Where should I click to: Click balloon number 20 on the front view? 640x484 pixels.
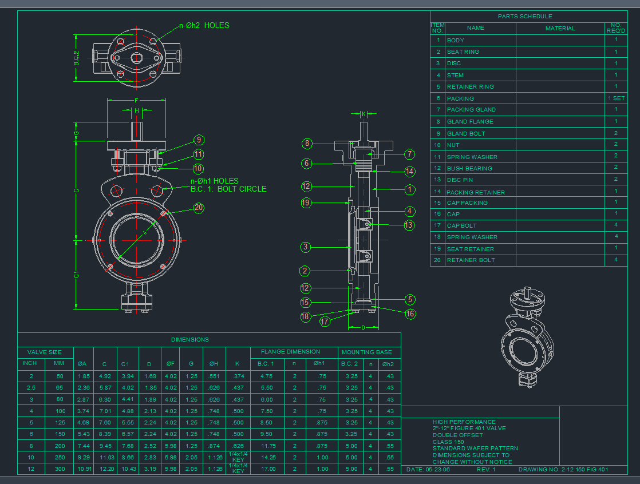[x=199, y=208]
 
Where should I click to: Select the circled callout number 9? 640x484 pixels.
[x=199, y=140]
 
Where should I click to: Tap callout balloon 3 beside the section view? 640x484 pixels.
[x=306, y=247]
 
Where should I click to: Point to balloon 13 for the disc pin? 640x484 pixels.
[x=409, y=225]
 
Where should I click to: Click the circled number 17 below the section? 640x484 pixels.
[x=325, y=322]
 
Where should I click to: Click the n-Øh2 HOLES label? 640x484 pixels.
[x=204, y=25]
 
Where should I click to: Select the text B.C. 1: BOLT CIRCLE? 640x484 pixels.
[x=228, y=189]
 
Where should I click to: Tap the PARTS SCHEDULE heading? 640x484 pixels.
[x=525, y=17]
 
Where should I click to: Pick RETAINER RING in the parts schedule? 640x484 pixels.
[x=470, y=87]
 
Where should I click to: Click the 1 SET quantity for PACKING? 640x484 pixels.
[x=616, y=98]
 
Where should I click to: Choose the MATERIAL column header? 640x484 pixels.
[x=560, y=28]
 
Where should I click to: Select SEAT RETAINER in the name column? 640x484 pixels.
[x=470, y=249]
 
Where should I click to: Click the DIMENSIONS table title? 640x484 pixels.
[x=190, y=339]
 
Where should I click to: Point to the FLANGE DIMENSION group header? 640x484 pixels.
[x=290, y=352]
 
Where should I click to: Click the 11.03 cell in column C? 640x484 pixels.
[x=104, y=457]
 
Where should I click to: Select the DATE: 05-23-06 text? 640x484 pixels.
[x=428, y=469]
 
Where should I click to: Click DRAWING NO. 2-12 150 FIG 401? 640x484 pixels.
[x=563, y=469]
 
